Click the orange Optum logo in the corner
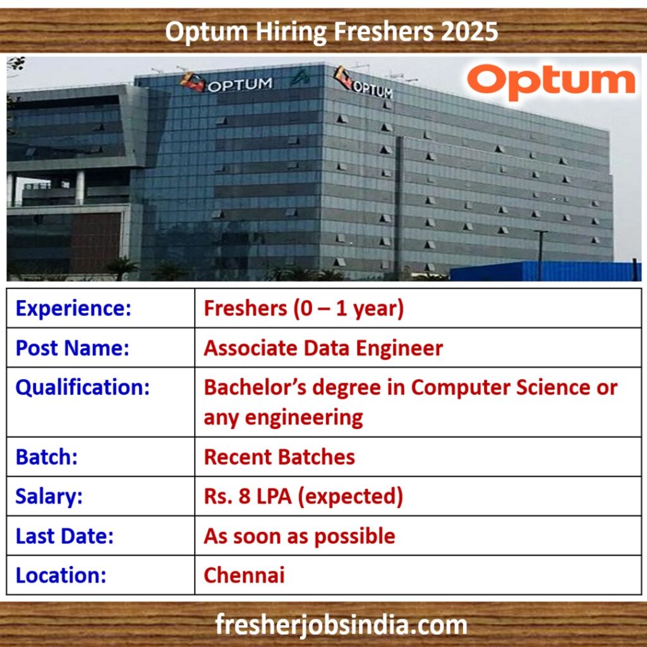coord(551,82)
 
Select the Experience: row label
coord(73,308)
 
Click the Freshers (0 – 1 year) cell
coord(304,308)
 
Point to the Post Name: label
coord(72,348)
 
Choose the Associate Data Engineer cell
coord(323,348)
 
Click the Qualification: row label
coord(83,387)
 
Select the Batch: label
coord(47,457)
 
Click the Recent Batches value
coord(279,457)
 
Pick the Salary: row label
coord(49,497)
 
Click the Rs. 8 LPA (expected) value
coord(303,497)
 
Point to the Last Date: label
coord(64,536)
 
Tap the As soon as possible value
coord(299,536)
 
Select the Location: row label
coord(61,575)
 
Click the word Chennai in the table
coord(245,575)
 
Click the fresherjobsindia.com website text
coord(341,625)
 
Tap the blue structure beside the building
coord(545,270)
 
